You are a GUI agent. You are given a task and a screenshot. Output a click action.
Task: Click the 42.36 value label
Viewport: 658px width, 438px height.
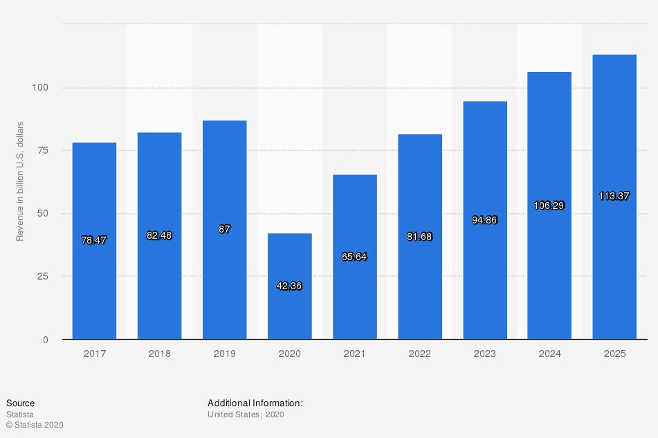point(289,286)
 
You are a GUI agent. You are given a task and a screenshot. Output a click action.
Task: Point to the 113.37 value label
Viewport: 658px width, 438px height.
point(614,196)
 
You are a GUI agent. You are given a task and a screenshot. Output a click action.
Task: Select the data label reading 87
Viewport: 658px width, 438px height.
point(224,229)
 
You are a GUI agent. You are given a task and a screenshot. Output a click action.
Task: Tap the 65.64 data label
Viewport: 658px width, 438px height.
point(354,257)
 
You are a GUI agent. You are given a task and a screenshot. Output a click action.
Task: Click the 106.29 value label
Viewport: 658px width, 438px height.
point(549,206)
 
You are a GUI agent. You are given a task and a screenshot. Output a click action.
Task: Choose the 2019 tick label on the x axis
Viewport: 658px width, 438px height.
point(224,354)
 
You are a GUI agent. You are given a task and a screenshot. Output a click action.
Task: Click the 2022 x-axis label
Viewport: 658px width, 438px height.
point(419,354)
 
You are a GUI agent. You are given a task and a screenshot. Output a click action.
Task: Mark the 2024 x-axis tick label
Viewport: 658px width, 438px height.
point(549,354)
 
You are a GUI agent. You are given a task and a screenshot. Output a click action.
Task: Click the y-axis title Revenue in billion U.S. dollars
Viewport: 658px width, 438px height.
point(20,181)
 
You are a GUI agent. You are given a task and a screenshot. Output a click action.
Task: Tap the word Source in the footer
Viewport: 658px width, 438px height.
point(20,403)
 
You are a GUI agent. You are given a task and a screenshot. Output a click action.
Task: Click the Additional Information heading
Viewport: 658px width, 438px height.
point(255,403)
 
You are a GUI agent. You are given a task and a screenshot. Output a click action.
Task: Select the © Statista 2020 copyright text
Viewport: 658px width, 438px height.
point(35,425)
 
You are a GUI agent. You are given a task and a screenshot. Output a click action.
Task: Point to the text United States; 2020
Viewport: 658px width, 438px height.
point(246,414)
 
